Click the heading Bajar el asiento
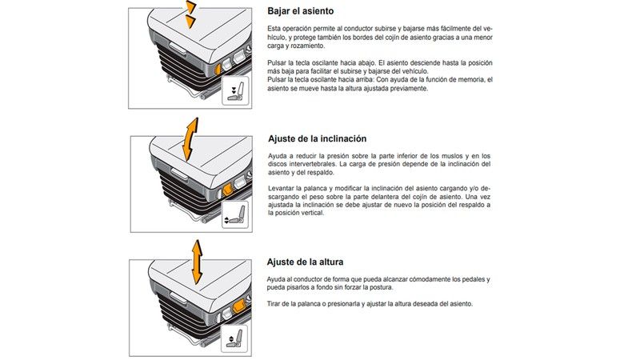(x=301, y=11)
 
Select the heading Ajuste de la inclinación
(x=317, y=138)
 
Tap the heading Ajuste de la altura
(x=305, y=262)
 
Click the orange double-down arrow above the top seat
(x=190, y=14)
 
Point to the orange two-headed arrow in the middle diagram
(x=190, y=139)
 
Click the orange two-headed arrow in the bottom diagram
(x=197, y=262)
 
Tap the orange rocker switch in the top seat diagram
(x=218, y=68)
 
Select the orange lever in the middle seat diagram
(x=227, y=189)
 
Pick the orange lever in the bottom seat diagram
(x=238, y=305)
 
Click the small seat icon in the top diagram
(x=235, y=91)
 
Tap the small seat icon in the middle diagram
(x=235, y=214)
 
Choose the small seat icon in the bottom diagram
(x=234, y=338)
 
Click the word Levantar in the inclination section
(x=281, y=189)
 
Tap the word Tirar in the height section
(x=274, y=304)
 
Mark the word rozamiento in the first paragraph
(x=309, y=46)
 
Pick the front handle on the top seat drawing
(x=178, y=50)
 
